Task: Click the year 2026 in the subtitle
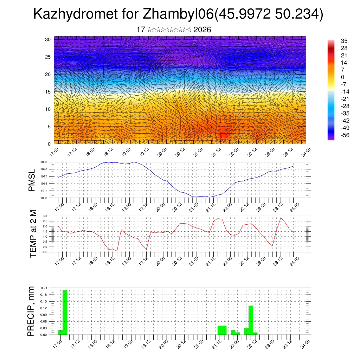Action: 202,30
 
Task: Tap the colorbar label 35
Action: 344,41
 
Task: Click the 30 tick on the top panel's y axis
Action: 48,39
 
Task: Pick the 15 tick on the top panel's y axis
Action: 48,92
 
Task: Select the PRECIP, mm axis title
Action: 32,311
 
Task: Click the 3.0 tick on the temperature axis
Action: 45,216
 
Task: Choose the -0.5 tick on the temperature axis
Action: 45,252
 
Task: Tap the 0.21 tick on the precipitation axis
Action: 44,288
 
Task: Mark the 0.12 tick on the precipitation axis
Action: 44,308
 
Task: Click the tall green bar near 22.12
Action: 251,320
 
